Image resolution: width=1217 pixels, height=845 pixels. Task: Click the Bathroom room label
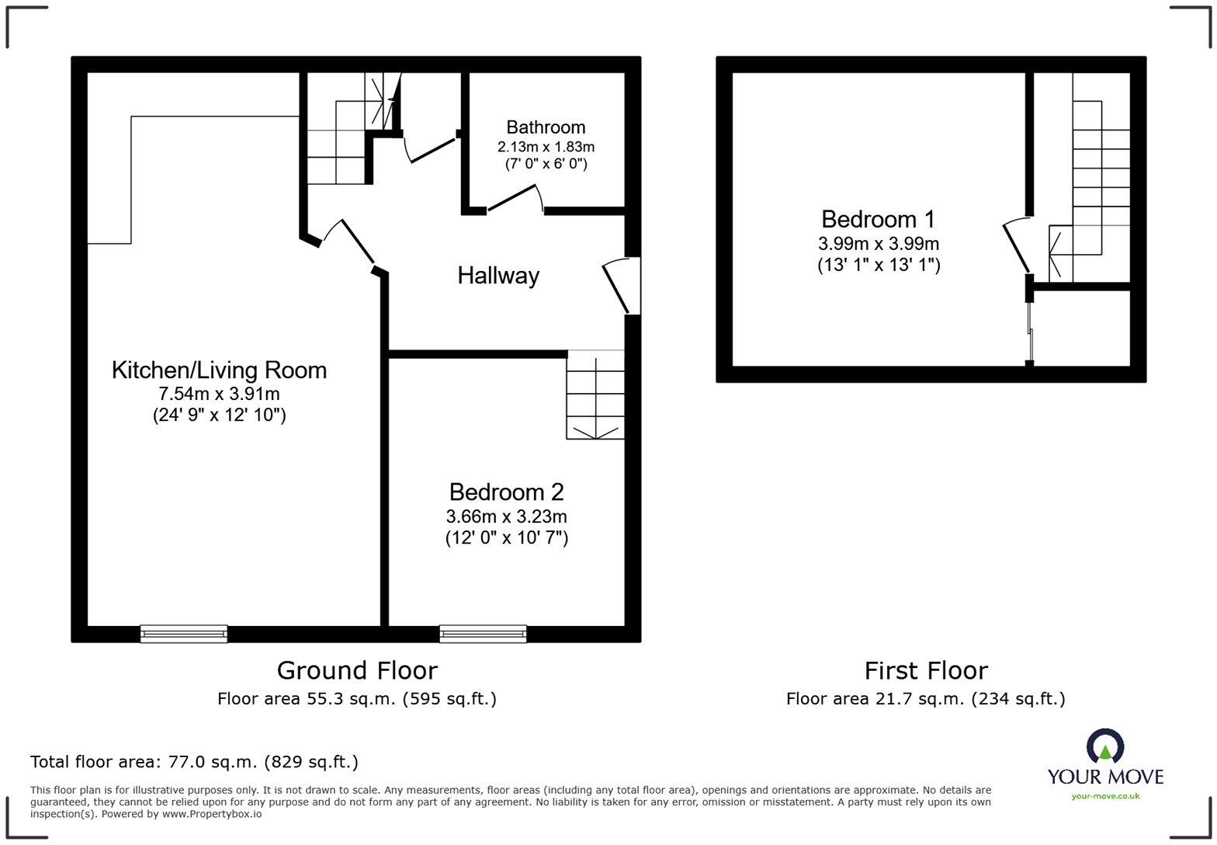546,127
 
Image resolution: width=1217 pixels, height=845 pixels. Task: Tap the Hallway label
498,276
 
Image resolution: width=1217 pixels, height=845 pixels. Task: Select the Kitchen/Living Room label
219,370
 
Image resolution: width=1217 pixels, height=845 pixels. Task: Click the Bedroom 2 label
506,492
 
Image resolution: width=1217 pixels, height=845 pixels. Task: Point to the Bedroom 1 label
878,219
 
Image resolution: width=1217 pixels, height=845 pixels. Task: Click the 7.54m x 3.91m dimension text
219,394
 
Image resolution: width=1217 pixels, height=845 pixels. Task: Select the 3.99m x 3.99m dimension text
878,243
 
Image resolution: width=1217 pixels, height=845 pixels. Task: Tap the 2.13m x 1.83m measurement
546,147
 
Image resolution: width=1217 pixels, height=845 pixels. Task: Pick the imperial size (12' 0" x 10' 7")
506,537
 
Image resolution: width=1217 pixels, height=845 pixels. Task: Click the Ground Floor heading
357,670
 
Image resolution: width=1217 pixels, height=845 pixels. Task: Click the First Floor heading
926,670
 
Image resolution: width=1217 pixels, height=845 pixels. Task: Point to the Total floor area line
194,762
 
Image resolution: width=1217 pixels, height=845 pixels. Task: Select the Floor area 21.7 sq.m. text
925,699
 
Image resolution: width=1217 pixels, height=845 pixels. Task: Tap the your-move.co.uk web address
1105,795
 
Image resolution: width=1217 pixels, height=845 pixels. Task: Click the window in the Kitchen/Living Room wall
184,634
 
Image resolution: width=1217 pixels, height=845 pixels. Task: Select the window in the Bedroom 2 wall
483,634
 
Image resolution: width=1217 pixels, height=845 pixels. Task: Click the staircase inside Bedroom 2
595,395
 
